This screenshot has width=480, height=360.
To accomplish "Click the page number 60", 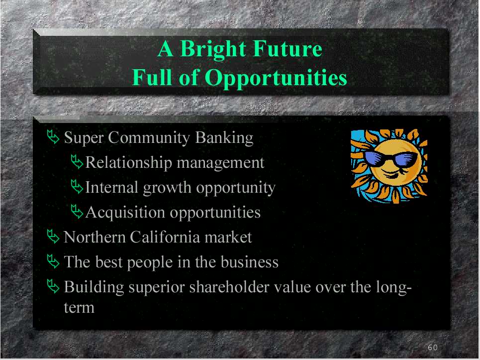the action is coord(433,347).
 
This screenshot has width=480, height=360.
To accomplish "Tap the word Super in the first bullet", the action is coord(84,138).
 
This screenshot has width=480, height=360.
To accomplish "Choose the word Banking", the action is coord(224,137).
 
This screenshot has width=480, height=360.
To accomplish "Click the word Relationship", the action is coord(128,163).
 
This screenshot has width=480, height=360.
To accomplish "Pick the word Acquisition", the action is coord(125,213).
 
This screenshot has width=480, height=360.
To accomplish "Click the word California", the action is coord(165,237).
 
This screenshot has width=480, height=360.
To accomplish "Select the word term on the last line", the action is coord(79,308).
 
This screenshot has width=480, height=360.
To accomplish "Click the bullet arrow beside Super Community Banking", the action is coord(53,136).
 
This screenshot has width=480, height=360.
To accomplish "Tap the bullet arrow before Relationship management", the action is coord(77,162).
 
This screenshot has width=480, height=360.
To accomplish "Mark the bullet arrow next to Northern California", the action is coord(53,237).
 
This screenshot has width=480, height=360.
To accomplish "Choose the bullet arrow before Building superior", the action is coord(53,286).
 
